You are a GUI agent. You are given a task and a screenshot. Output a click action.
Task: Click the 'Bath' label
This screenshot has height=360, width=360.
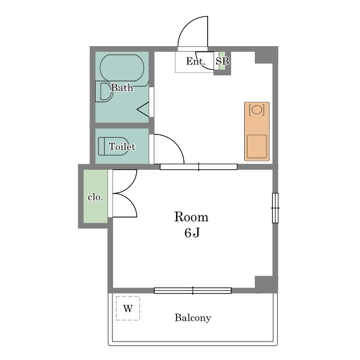[x=122, y=88]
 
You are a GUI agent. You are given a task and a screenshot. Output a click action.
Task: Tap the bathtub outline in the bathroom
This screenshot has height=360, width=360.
[x=122, y=55]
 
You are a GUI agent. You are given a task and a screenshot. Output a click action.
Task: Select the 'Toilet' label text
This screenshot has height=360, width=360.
[x=122, y=147]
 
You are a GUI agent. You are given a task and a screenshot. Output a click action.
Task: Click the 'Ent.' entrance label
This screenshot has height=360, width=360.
[x=195, y=61]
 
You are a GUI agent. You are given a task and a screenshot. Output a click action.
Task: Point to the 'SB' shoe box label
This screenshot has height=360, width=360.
[x=222, y=61]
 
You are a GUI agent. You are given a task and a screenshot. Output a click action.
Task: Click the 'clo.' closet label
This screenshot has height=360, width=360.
[x=95, y=197]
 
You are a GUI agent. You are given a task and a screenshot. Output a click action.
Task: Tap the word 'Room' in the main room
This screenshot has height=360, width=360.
[x=191, y=217]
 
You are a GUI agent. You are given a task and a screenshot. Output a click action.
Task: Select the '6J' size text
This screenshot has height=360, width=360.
[x=192, y=233]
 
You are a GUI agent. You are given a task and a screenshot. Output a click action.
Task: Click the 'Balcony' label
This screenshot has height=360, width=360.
[x=193, y=318]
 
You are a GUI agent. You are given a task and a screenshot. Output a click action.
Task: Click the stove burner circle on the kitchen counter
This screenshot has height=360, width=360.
[x=256, y=109]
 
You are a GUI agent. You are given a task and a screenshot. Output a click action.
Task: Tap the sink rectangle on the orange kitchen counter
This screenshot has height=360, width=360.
[x=257, y=146]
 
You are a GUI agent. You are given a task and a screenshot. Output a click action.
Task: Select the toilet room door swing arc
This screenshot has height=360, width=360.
[x=175, y=143]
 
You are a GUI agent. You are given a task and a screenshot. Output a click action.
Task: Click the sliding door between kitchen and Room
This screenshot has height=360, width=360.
[x=199, y=167]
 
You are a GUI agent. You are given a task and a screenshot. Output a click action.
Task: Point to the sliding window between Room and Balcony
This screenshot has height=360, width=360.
[x=193, y=291]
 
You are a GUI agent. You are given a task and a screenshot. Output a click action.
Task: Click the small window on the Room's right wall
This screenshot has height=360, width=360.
[x=275, y=208]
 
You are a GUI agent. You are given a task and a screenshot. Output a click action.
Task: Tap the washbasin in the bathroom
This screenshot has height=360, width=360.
[x=104, y=92]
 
